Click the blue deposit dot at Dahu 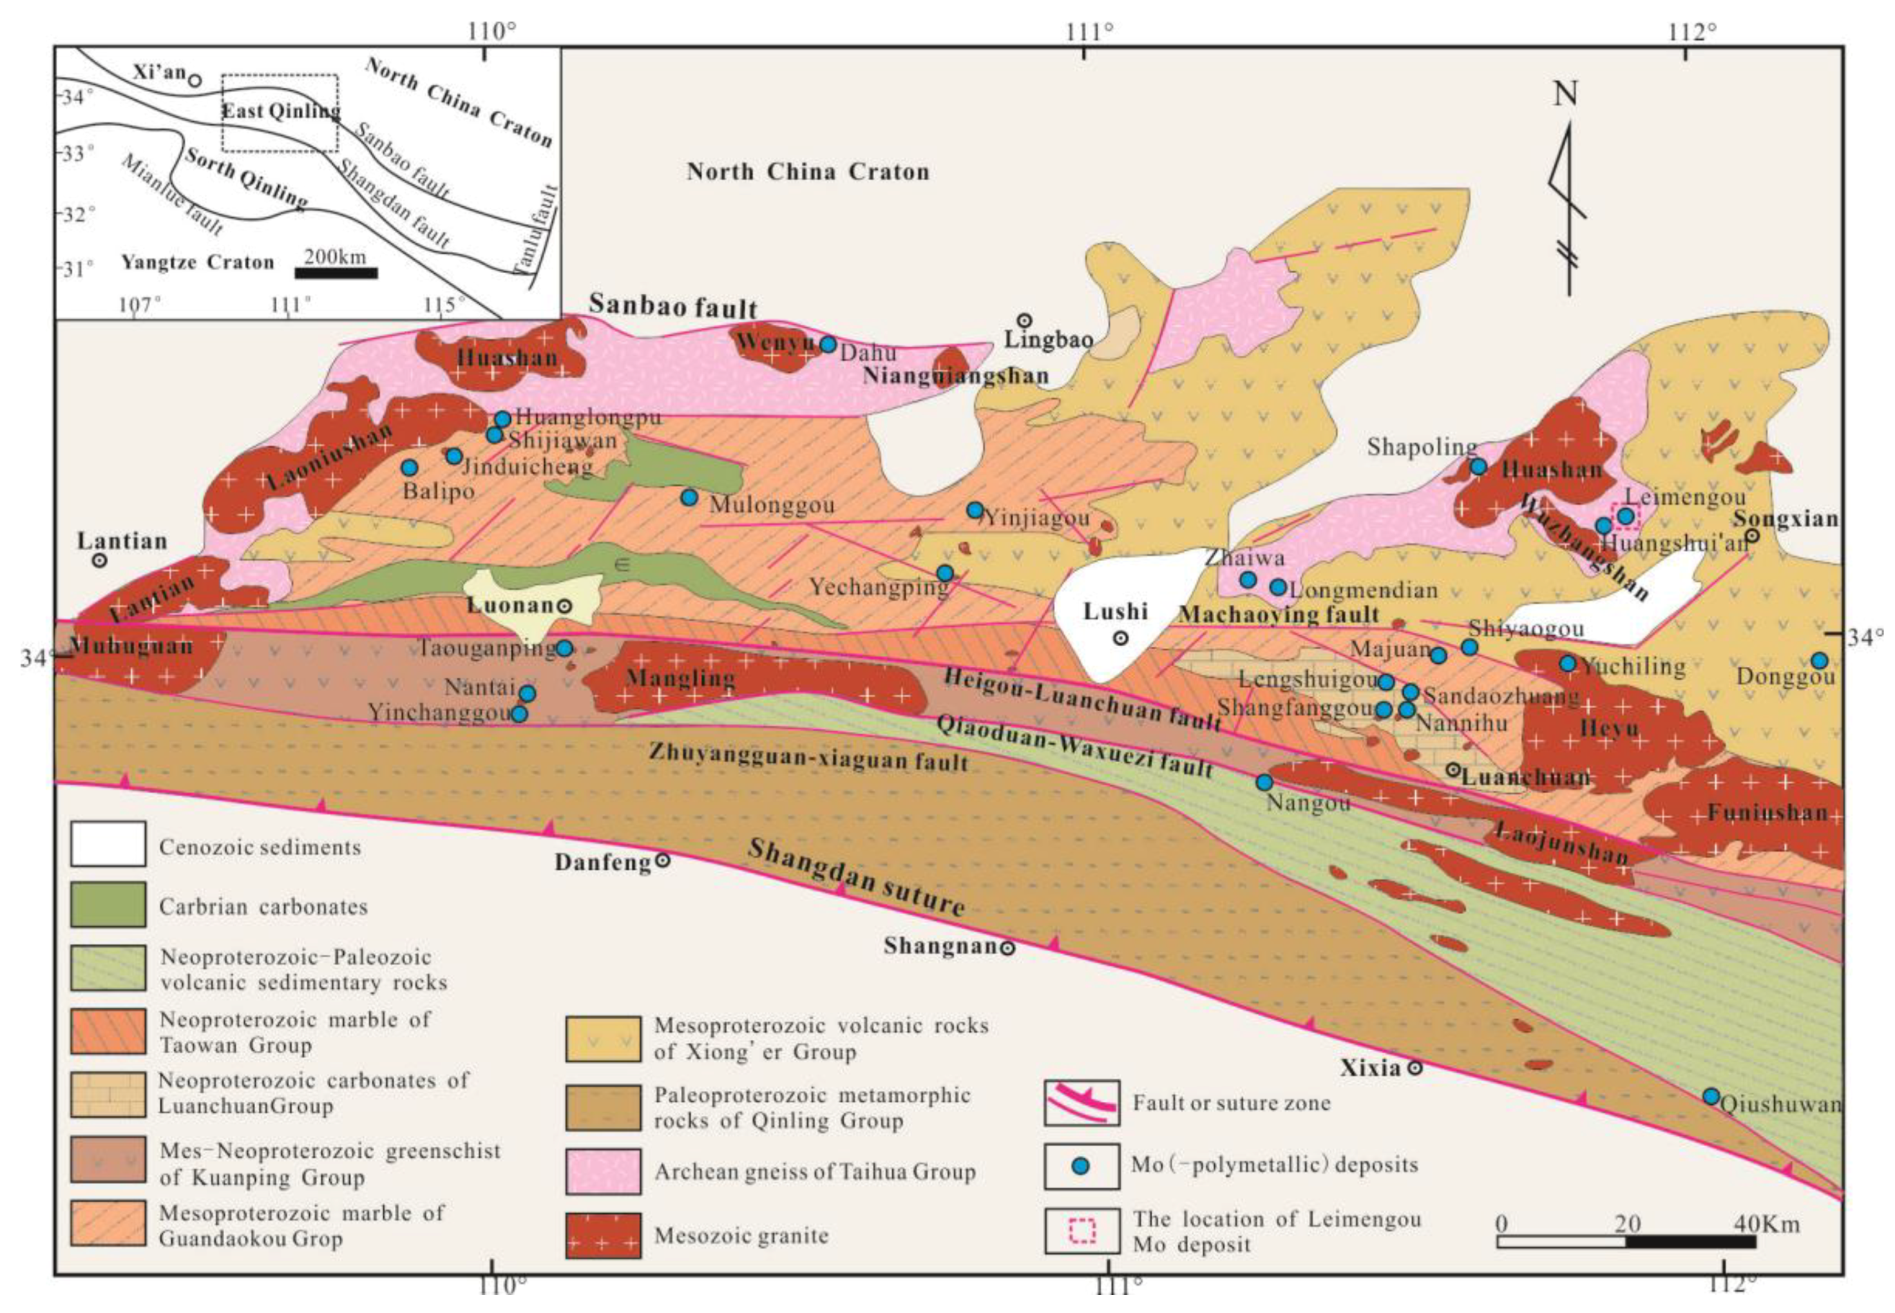828,344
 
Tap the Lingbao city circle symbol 1024,320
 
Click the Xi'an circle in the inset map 194,80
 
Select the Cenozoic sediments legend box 108,844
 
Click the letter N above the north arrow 1565,93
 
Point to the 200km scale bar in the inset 336,273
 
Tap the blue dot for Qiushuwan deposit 1711,1096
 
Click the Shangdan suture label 855,877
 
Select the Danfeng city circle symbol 662,861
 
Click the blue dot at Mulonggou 689,497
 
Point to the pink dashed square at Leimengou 1626,516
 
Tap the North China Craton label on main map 808,172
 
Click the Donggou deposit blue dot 1820,660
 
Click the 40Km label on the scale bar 1766,1224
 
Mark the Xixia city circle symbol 1414,1068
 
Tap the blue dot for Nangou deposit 1264,781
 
